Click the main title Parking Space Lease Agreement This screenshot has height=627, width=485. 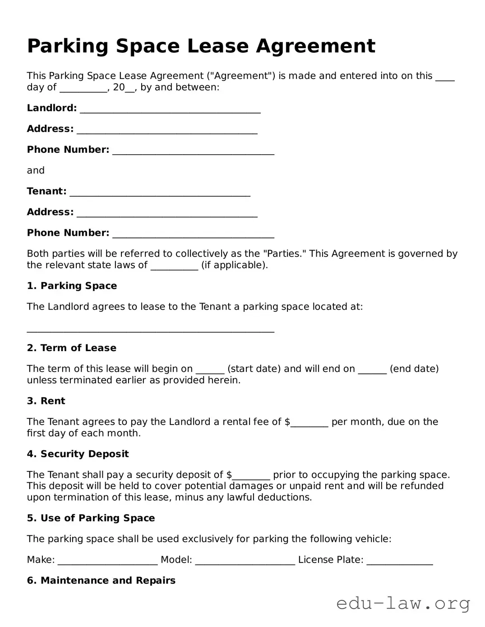(201, 46)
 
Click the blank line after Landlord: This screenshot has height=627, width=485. (170, 109)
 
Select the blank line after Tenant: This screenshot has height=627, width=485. (160, 192)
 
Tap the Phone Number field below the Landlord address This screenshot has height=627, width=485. (193, 151)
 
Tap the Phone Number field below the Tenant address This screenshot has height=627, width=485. (193, 234)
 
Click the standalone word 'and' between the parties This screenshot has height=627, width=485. (36, 170)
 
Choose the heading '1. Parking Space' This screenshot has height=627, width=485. (72, 286)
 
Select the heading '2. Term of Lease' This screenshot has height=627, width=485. (71, 348)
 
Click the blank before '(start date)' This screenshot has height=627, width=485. (210, 370)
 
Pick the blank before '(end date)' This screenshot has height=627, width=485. (372, 370)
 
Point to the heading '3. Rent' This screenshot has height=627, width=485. (46, 401)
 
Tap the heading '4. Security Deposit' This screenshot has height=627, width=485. (78, 454)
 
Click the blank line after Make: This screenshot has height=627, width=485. (107, 561)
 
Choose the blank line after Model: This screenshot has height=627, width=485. (245, 561)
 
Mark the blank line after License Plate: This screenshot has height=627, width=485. (399, 561)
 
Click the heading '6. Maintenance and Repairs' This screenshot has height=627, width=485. (101, 580)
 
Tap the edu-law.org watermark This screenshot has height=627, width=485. (403, 603)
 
